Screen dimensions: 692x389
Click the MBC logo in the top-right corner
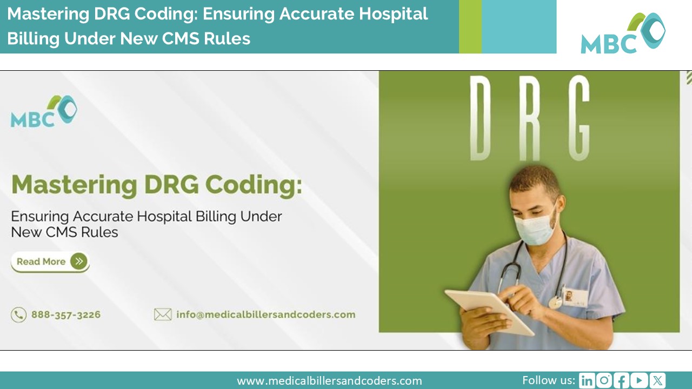pyautogui.click(x=623, y=33)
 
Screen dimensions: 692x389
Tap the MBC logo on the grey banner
pyautogui.click(x=44, y=111)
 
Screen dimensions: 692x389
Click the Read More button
pyautogui.click(x=50, y=262)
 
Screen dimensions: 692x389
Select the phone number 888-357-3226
pyautogui.click(x=66, y=314)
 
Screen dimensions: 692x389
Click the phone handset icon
pyautogui.click(x=18, y=315)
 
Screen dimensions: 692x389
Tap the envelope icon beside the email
pyautogui.click(x=163, y=314)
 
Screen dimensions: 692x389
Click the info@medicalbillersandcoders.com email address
pyautogui.click(x=265, y=314)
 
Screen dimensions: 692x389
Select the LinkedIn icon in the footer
pyautogui.click(x=587, y=380)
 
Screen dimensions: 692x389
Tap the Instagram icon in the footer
pyautogui.click(x=604, y=380)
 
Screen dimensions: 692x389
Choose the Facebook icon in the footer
pyautogui.click(x=621, y=380)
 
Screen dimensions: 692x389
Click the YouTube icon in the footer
pyautogui.click(x=639, y=380)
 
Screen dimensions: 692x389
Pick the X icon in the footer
pyautogui.click(x=657, y=380)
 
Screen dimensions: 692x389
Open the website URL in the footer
pyautogui.click(x=329, y=381)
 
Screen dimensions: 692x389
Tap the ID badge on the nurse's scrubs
pyautogui.click(x=575, y=297)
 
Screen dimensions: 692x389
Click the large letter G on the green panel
pyautogui.click(x=579, y=118)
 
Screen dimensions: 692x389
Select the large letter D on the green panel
pyautogui.click(x=481, y=118)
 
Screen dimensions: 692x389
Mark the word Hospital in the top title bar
pyautogui.click(x=393, y=15)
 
